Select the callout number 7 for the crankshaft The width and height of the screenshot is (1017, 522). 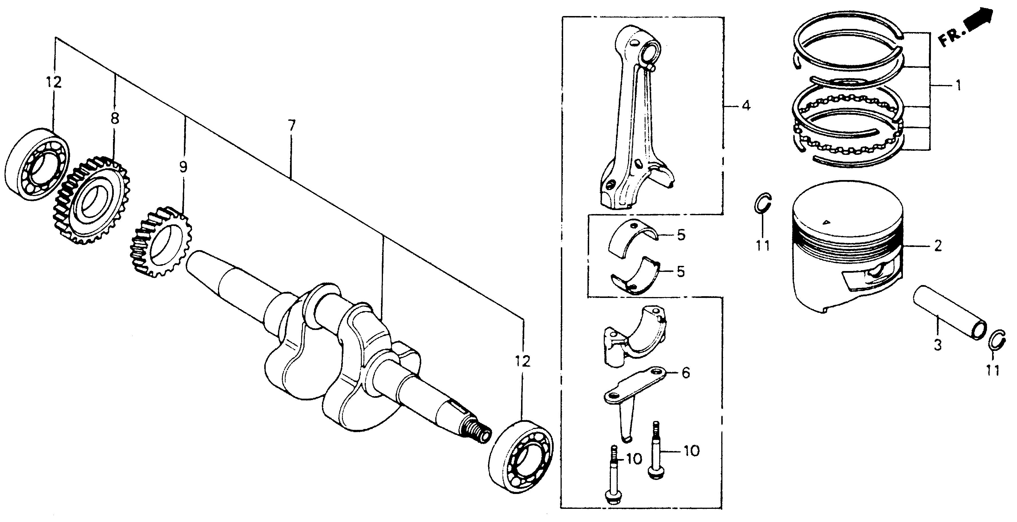coord(291,126)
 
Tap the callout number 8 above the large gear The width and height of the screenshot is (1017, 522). coord(114,118)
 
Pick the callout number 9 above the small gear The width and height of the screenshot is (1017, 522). coord(183,167)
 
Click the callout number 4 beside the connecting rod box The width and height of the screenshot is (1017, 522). coord(745,106)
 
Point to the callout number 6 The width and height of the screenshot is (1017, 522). coord(686,373)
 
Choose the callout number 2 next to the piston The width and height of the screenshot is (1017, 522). coord(938,246)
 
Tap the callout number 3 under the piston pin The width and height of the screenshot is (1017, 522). coord(938,345)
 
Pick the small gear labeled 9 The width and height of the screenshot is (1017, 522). coord(161,242)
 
